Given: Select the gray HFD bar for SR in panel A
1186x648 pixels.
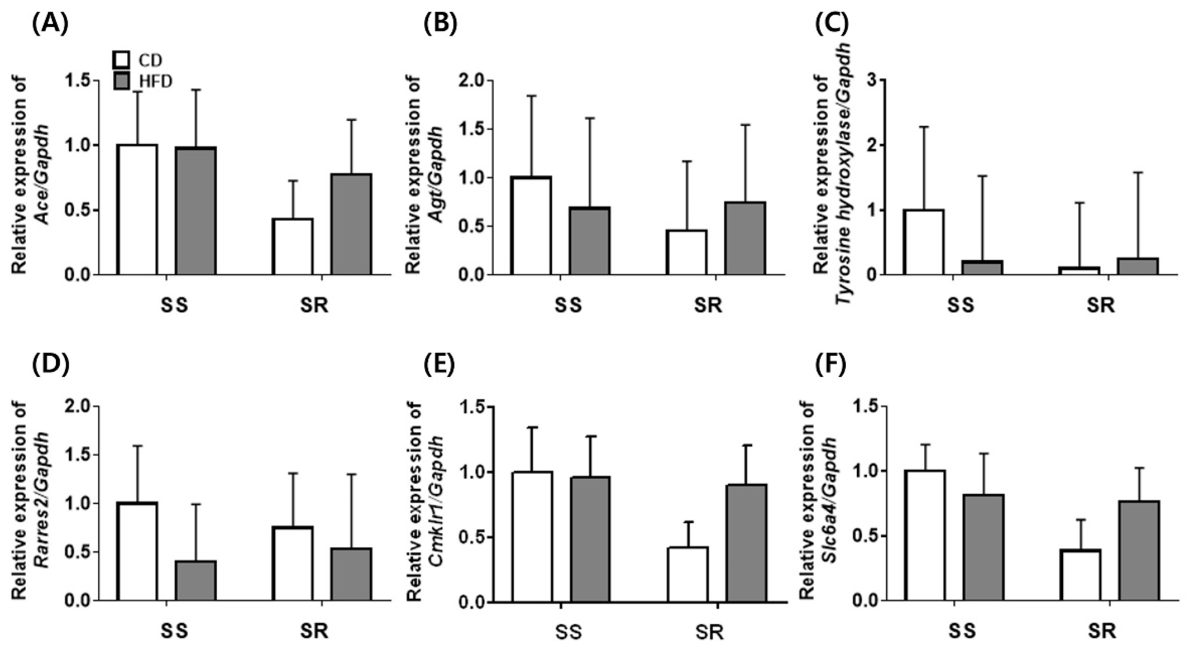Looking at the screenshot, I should coord(351,224).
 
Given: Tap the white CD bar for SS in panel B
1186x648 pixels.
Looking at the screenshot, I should coord(531,226).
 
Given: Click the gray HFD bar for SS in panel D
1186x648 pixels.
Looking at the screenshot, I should coord(195,580).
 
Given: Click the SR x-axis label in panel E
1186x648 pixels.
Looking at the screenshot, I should coord(710,632).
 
